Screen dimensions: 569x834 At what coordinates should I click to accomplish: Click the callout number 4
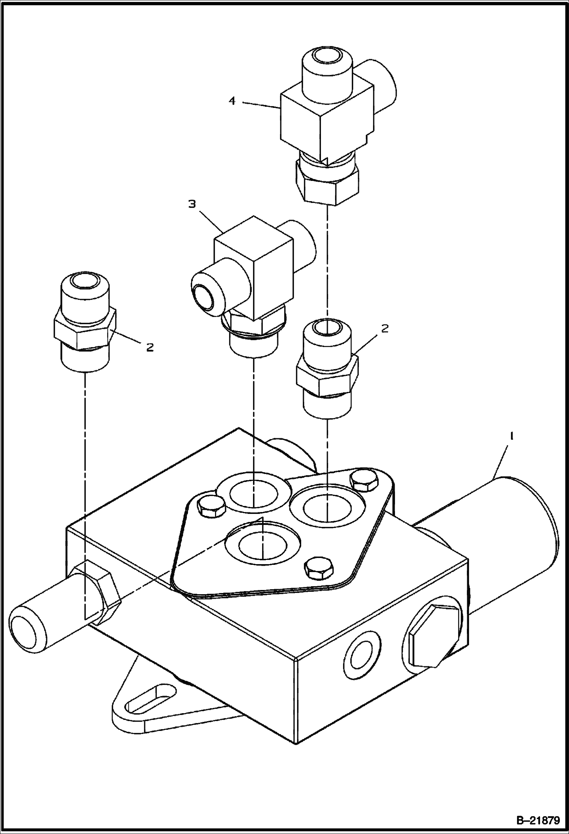click(232, 101)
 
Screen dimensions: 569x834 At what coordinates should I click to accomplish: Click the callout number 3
click(192, 204)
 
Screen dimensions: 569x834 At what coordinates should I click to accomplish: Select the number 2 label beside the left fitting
click(150, 347)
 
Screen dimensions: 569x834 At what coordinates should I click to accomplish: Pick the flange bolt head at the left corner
click(211, 506)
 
